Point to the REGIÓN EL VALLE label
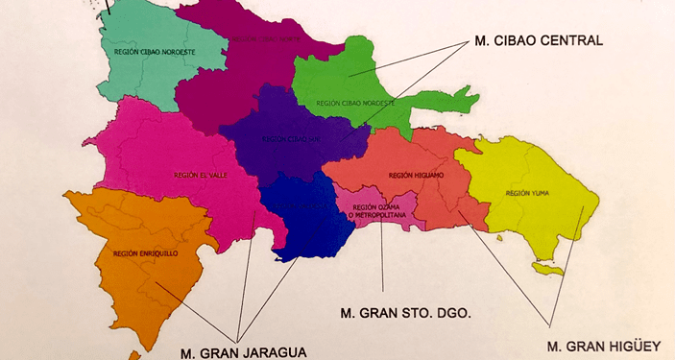coord(198,176)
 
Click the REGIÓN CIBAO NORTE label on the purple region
coord(265,39)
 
